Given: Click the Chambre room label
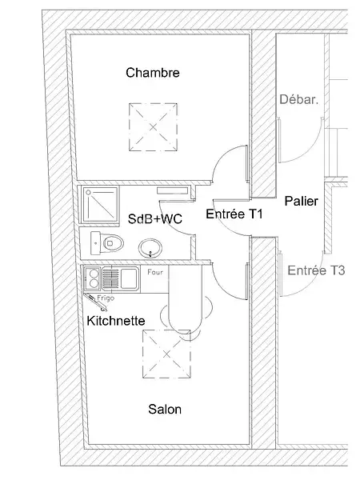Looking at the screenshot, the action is tap(153, 73).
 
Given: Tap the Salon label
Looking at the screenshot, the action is tap(165, 410).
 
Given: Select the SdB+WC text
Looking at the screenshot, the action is tap(155, 219).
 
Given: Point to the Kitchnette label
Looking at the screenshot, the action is tap(116, 321).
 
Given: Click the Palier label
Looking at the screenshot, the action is tap(302, 201).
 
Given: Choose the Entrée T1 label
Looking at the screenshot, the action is tap(234, 214).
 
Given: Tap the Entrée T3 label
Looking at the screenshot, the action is tap(316, 270).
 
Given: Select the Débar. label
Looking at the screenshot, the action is tap(299, 99).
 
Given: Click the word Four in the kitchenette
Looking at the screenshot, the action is tap(155, 272).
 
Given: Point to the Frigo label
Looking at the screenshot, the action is tap(106, 298).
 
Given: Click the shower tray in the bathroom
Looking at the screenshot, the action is tap(100, 204).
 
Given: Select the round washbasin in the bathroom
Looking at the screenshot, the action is tap(150, 248).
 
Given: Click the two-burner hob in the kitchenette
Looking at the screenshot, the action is tap(92, 278).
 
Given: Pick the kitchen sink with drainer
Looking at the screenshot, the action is tap(120, 278).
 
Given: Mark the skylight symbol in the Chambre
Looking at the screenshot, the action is tap(153, 127).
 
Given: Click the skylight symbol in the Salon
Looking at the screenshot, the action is tap(167, 354).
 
